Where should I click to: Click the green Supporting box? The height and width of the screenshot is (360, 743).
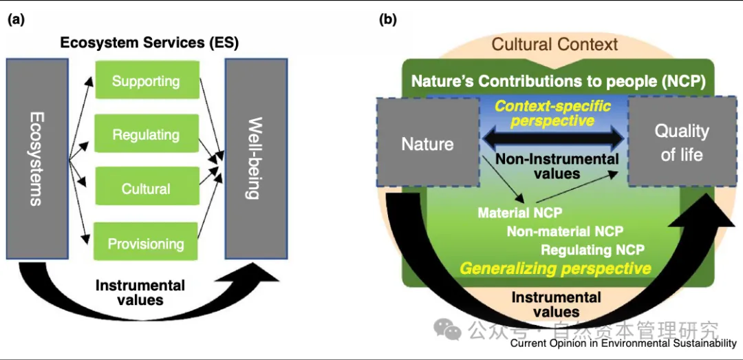coord(146,81)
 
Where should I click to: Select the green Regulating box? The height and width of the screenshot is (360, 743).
coord(146,134)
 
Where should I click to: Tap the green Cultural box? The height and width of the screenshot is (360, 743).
coord(146,189)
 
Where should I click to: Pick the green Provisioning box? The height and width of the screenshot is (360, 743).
coord(146,243)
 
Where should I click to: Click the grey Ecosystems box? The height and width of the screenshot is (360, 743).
coord(37,158)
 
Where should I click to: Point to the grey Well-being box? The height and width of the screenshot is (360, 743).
coord(255,158)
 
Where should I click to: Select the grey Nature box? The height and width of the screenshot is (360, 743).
coord(427,143)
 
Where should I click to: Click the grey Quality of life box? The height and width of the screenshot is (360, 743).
coord(681,142)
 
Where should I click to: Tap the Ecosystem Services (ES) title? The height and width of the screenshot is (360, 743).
coord(149,43)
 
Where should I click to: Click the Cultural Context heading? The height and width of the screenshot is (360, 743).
coord(554,45)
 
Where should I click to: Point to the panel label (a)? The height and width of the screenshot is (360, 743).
coord(16,19)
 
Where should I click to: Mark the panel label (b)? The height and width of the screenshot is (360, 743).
coord(388,19)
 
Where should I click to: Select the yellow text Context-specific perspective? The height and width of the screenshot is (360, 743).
coord(554,114)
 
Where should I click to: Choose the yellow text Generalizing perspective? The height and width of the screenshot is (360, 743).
coord(555,268)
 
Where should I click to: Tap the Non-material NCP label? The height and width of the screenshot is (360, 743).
coord(565,232)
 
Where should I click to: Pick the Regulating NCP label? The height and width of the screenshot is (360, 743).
coord(592,250)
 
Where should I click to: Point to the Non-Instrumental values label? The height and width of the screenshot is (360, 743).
coord(557,166)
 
